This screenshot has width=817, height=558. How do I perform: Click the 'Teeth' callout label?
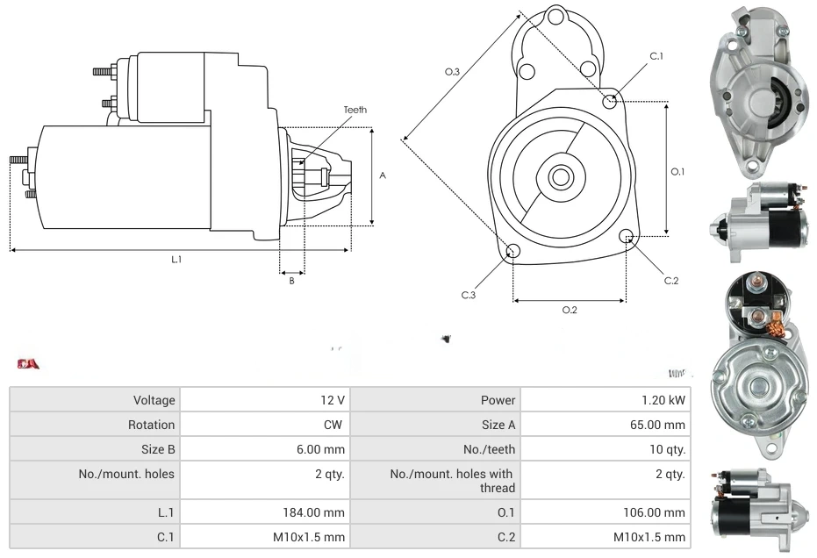355,110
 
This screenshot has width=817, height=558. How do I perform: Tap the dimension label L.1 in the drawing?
176,259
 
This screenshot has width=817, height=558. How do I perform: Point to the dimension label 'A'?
383,175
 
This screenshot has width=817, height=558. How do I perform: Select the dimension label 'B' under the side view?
292,281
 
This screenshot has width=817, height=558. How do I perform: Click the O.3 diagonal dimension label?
453,72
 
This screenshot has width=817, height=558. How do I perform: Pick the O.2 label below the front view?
569,310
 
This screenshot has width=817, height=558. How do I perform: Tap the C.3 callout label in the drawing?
469,295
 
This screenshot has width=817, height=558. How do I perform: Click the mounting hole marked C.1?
610,102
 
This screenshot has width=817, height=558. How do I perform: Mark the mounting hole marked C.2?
627,237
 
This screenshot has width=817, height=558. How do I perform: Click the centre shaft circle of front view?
560,177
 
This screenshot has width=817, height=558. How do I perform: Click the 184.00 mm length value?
319,512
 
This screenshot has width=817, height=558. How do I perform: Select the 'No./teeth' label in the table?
490,449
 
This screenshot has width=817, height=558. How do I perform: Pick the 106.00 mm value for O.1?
659,512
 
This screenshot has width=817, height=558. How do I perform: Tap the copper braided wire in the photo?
775,329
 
